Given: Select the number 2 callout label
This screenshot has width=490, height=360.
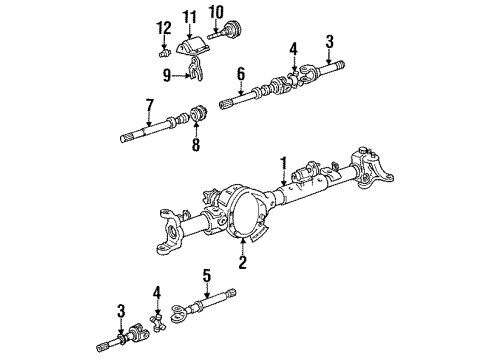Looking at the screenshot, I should tap(240, 263).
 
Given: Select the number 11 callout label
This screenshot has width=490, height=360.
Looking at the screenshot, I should tap(190, 17).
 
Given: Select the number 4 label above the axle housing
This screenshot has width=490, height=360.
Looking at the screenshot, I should tap(293, 47).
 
